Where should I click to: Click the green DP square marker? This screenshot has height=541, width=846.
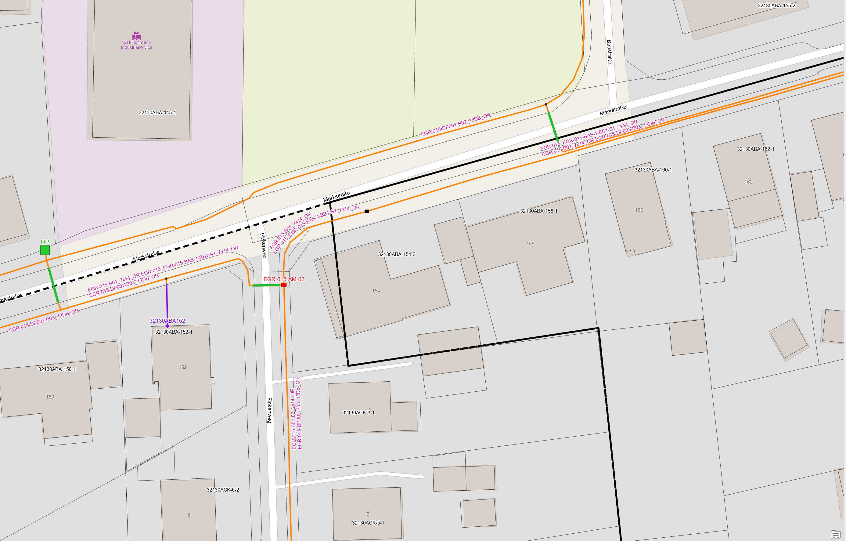pyautogui.click(x=45, y=250)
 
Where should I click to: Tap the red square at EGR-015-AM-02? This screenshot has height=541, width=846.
pyautogui.click(x=284, y=285)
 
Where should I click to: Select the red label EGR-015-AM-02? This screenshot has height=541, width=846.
pyautogui.click(x=283, y=279)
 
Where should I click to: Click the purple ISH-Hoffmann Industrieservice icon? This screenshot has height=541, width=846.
pyautogui.click(x=137, y=35)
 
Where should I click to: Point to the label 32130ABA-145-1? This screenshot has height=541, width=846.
pyautogui.click(x=157, y=112)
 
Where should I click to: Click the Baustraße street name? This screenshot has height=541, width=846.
pyautogui.click(x=609, y=52)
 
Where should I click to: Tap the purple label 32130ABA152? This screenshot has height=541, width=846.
pyautogui.click(x=167, y=321)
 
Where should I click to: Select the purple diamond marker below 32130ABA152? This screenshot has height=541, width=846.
pyautogui.click(x=167, y=326)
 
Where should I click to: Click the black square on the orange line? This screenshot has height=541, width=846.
pyautogui.click(x=367, y=211)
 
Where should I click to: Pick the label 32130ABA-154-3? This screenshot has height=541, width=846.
pyautogui.click(x=396, y=254)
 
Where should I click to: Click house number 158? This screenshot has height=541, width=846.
pyautogui.click(x=530, y=244)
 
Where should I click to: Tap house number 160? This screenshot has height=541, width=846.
pyautogui.click(x=639, y=210)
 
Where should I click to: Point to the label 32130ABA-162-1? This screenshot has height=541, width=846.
pyautogui.click(x=755, y=149)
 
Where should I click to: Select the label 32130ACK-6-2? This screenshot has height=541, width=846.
pyautogui.click(x=223, y=490)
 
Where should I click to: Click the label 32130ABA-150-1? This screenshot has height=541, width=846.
pyautogui.click(x=57, y=369)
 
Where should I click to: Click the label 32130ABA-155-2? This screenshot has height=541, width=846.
pyautogui.click(x=776, y=5)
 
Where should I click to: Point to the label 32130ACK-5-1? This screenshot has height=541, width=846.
pyautogui.click(x=368, y=523)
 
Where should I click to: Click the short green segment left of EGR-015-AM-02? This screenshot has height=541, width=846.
pyautogui.click(x=266, y=285)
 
